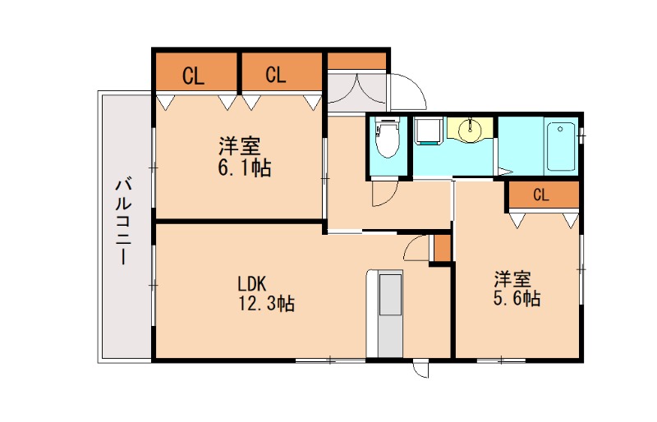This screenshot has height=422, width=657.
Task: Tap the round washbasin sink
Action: tap(471, 129)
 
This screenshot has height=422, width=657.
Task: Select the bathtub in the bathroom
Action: tap(562, 146)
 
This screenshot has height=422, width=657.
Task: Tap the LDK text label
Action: tap(250, 284)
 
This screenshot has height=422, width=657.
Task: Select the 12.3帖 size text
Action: tap(264, 304)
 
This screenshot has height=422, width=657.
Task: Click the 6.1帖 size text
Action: tap(241, 168)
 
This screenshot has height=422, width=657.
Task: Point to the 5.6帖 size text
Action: tap(517, 299)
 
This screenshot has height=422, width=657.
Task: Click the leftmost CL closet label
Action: tap(194, 77)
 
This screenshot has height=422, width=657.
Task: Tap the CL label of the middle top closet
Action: tap(276, 76)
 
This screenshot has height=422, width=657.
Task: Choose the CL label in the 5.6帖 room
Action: tap(540, 195)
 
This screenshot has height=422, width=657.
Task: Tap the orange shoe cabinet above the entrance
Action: tap(357, 62)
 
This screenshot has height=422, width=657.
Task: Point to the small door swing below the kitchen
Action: tap(420, 369)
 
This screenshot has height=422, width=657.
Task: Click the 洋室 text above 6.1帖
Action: tap(239, 148)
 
